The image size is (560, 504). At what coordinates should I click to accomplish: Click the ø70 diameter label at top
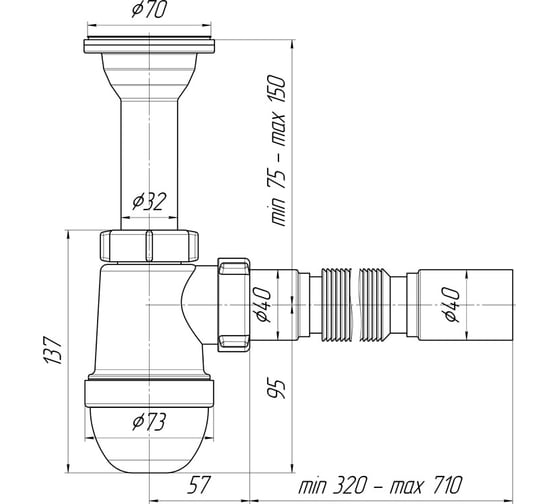149,9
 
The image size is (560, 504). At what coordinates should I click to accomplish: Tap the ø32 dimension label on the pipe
149,201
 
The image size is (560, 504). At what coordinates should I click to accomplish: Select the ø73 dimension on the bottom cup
149,422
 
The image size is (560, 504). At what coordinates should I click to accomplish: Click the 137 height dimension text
54,350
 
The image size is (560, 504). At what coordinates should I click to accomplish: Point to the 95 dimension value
276,389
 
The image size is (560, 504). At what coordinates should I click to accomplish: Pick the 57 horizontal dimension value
199,485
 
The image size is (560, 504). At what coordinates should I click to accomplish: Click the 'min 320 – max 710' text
380,485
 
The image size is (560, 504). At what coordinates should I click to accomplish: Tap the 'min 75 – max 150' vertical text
277,150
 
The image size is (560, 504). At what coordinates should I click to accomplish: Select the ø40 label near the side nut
263,305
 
